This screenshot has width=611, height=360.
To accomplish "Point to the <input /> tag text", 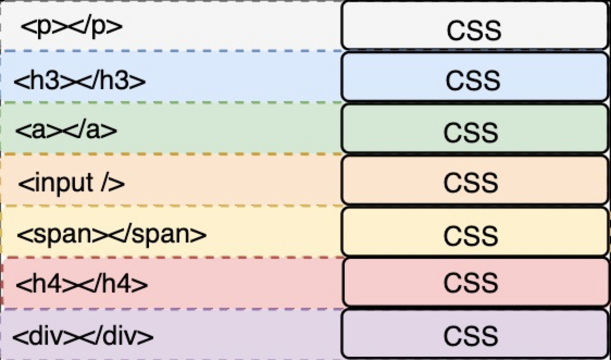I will (x=71, y=183).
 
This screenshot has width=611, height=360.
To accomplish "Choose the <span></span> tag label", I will (x=111, y=234).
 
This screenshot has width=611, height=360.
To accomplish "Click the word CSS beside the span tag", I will (x=471, y=235).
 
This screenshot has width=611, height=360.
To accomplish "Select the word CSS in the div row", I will (x=471, y=336).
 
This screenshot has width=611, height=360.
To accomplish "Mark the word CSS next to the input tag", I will (x=471, y=183).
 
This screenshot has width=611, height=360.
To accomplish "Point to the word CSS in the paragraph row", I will (x=474, y=30).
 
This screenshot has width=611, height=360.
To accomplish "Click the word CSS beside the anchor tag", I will (x=471, y=132).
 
